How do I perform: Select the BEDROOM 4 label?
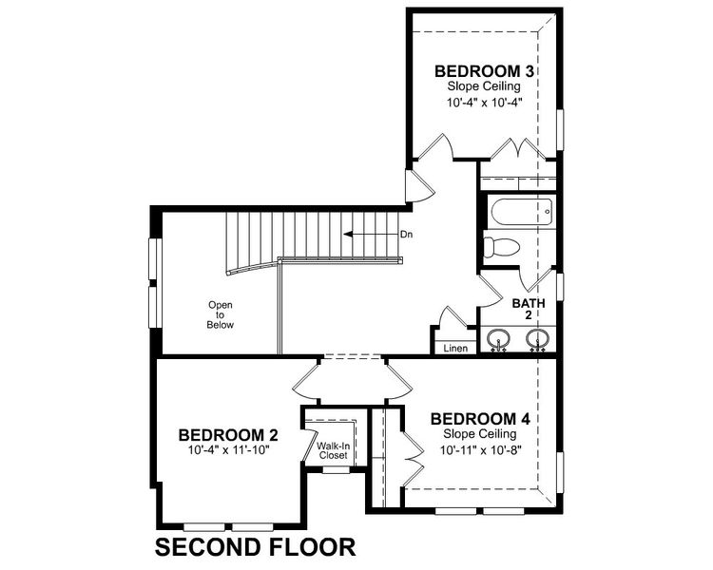click(478, 419)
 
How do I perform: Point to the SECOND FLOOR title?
click(255, 547)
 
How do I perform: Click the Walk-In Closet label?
click(333, 449)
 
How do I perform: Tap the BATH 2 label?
click(529, 311)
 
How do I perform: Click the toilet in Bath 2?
click(500, 248)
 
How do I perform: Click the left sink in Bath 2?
click(497, 338)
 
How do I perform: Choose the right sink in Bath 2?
click(538, 338)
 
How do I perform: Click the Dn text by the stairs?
click(406, 234)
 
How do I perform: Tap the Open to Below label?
click(221, 314)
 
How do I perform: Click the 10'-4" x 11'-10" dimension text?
click(223, 449)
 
